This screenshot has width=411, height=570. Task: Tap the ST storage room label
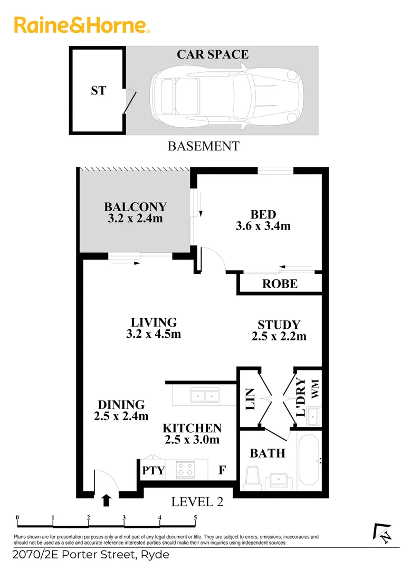point(98,90)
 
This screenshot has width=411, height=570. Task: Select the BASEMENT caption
point(203,146)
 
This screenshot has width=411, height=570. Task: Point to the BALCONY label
point(135,206)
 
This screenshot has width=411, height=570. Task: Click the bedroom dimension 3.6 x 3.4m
point(263,226)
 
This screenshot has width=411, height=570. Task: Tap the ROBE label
point(280,284)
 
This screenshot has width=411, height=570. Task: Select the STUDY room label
point(279,325)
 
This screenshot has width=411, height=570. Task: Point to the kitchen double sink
point(204,395)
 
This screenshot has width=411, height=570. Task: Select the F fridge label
point(223,470)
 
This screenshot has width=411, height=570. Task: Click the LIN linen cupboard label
point(250,400)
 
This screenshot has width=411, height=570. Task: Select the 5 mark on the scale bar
point(195,517)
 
